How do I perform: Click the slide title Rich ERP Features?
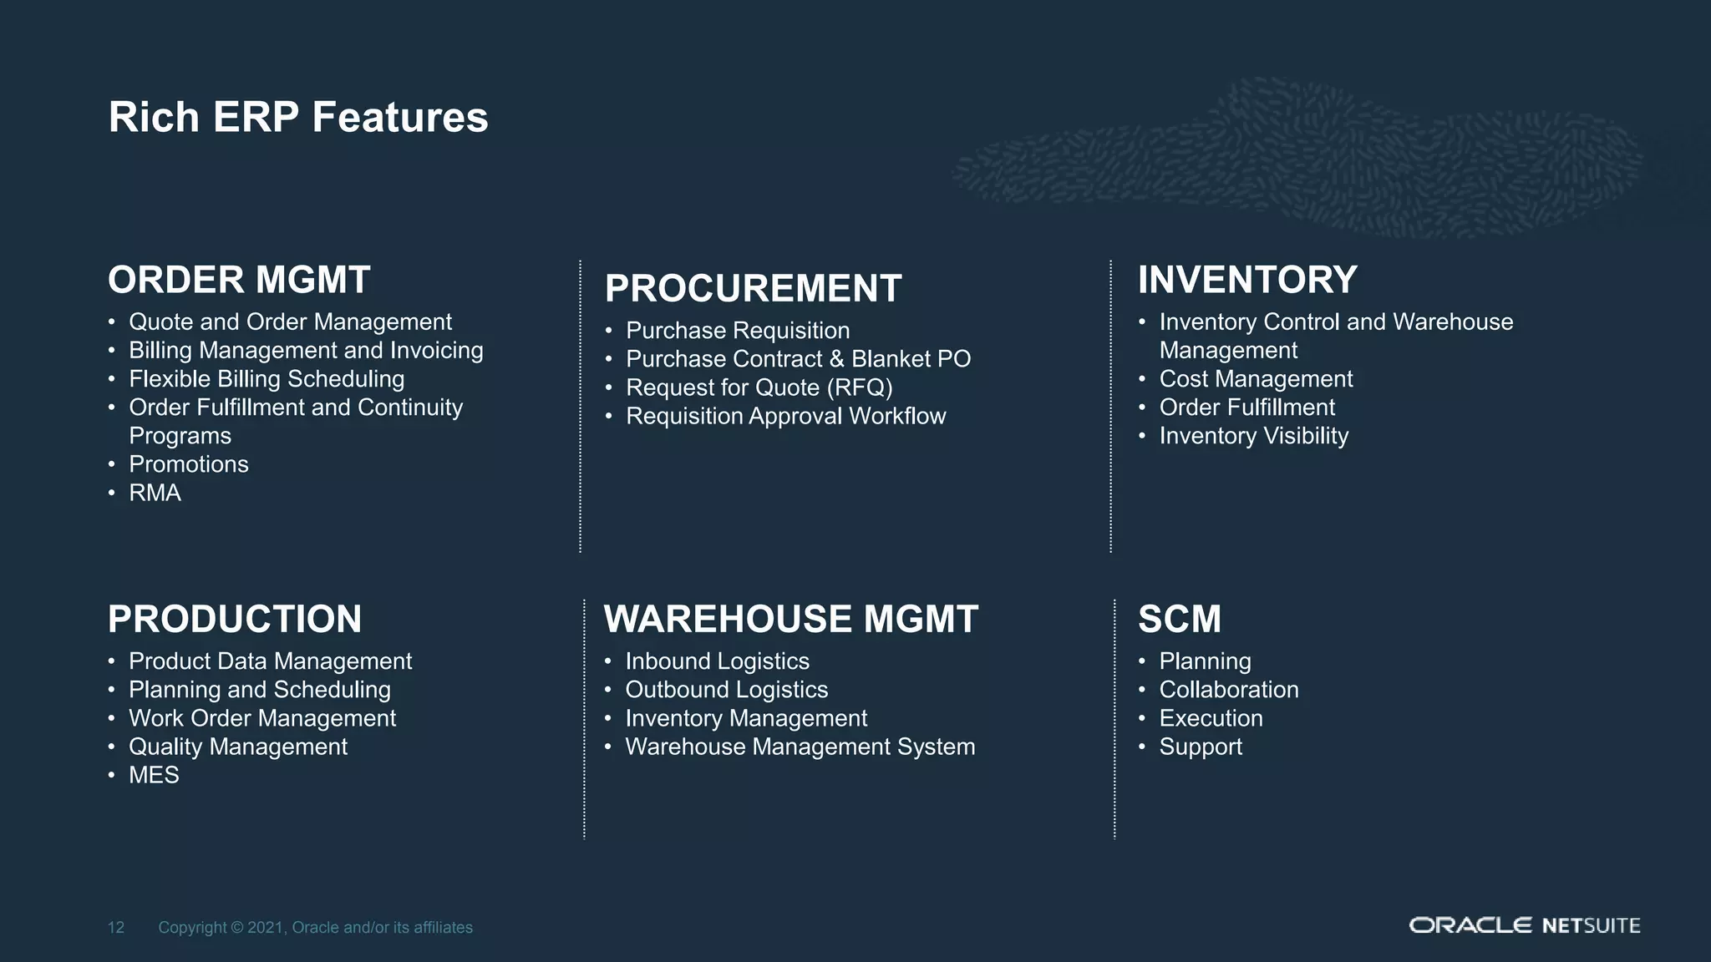[298, 117]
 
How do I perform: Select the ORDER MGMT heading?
[239, 280]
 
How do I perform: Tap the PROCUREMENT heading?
[753, 289]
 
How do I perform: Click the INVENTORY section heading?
[1247, 280]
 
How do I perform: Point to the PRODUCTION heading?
[235, 620]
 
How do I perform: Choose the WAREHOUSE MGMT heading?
[790, 620]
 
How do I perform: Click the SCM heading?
[1180, 620]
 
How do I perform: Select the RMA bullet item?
[155, 493]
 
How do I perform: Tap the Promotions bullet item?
[189, 464]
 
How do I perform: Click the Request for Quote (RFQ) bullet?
[759, 387]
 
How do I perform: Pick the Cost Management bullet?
[1256, 379]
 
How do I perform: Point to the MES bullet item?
[154, 775]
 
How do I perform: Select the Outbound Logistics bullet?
[727, 690]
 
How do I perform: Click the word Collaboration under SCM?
[1229, 690]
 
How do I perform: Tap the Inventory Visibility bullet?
[1254, 436]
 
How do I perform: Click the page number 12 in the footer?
[116, 927]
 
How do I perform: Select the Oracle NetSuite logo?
[1525, 925]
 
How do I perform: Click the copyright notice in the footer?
[316, 927]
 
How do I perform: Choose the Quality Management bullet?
[238, 747]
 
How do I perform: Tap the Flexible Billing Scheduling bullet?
[267, 379]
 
